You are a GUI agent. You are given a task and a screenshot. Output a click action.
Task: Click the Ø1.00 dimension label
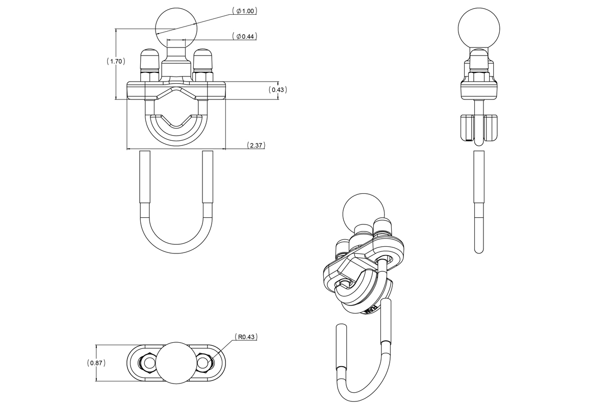point(244,11)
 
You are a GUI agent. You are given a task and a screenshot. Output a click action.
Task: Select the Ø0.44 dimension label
point(244,36)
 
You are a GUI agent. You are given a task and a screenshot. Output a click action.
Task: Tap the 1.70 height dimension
point(116,61)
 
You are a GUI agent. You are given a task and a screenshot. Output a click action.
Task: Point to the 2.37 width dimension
point(256,145)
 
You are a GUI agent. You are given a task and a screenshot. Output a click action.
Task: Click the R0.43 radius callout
point(246,337)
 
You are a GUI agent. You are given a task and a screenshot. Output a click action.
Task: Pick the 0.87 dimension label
point(96,363)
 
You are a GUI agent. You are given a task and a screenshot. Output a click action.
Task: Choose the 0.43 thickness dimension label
point(277,90)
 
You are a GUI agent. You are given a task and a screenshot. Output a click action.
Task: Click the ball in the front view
point(176,29)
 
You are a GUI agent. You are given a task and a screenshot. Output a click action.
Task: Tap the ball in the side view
point(479,29)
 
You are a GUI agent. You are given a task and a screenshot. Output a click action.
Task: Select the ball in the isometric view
point(363,214)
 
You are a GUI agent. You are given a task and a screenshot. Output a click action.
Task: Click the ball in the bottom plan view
point(176,363)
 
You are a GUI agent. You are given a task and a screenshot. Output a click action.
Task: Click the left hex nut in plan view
point(148,363)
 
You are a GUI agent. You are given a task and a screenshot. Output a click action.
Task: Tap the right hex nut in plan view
point(205,363)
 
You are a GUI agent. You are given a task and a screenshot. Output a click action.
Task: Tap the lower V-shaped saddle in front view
point(176,131)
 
